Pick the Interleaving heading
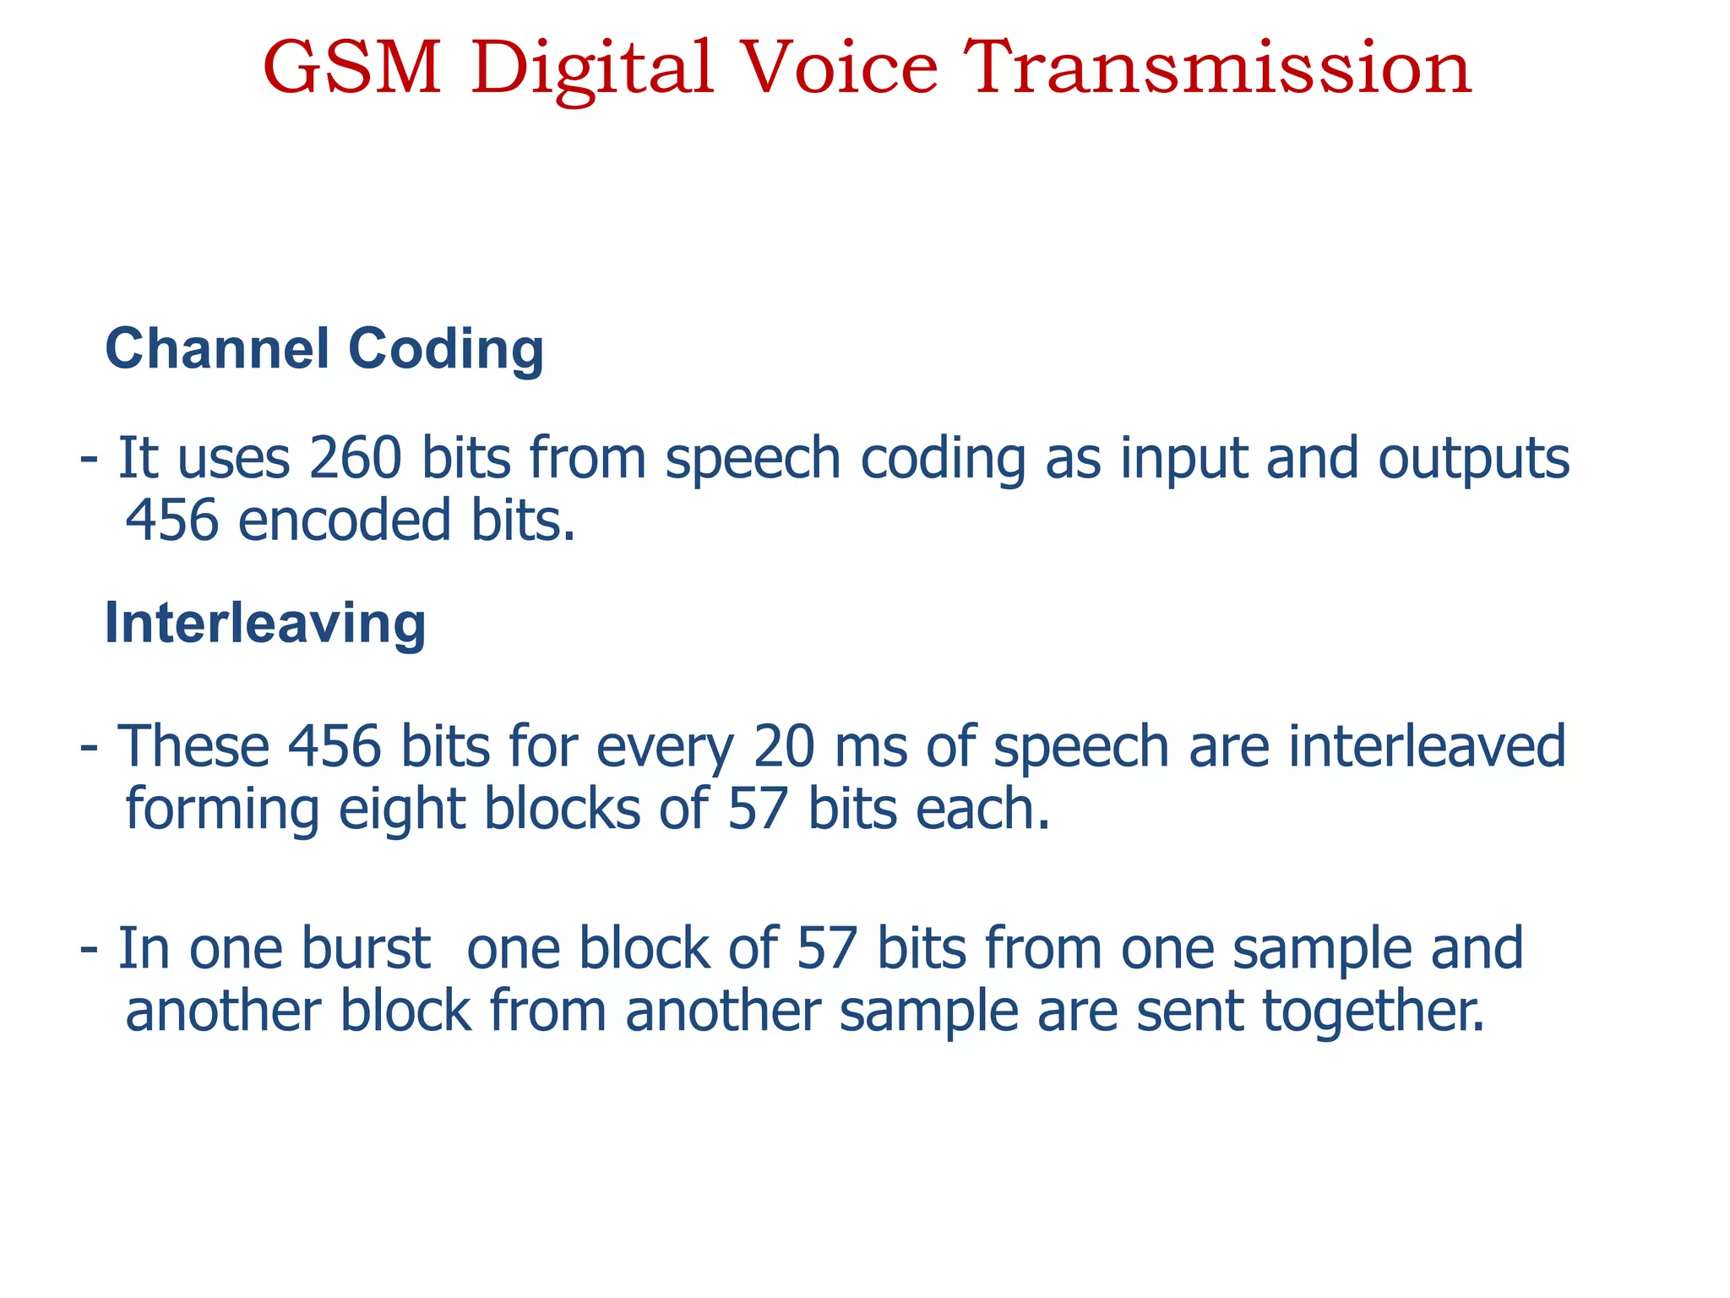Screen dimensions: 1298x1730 click(264, 624)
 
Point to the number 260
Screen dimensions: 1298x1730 click(355, 458)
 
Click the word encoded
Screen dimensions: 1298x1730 click(344, 521)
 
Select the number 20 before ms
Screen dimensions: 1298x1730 click(784, 747)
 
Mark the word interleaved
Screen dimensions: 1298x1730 click(1426, 747)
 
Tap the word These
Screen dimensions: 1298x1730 click(193, 747)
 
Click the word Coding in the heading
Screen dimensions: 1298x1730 click(445, 350)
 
